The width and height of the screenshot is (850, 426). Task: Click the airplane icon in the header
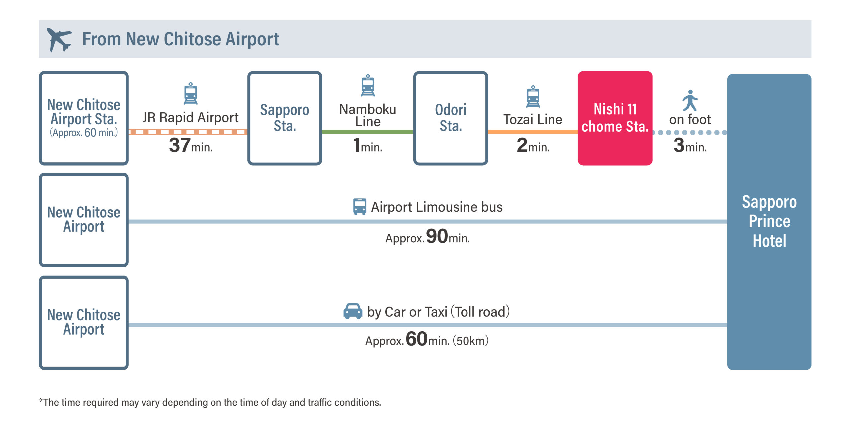[59, 40]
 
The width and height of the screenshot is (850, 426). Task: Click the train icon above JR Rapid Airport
[191, 93]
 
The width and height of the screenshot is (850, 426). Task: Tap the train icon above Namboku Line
[368, 85]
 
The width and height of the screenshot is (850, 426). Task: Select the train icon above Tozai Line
[533, 96]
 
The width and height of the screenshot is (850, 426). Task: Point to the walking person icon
[690, 100]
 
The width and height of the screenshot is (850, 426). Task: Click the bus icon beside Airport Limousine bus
[360, 207]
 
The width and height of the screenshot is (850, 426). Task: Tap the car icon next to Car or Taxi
[353, 311]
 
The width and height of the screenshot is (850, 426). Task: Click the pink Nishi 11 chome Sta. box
[615, 118]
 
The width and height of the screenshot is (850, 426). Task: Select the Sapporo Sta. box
[285, 118]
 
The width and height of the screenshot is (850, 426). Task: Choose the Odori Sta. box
[451, 118]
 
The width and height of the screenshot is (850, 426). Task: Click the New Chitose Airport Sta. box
[84, 118]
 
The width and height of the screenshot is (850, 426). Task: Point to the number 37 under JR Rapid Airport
[180, 145]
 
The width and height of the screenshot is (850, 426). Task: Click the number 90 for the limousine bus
[437, 236]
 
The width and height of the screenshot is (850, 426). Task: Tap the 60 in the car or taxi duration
[417, 339]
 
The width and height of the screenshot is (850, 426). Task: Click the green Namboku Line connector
[368, 132]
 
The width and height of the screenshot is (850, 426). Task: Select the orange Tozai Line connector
[533, 132]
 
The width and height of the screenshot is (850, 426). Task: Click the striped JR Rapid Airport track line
[188, 132]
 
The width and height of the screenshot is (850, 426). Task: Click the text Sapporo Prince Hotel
[769, 221]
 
